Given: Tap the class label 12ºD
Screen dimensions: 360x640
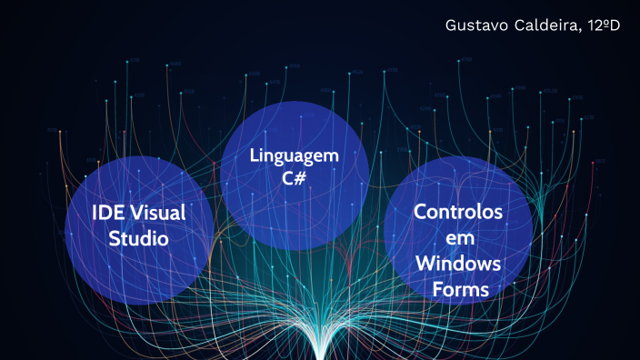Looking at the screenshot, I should click(x=601, y=25).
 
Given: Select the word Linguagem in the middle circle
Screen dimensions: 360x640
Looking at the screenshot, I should click(x=295, y=155).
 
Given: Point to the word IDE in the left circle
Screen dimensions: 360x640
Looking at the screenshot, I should click(x=107, y=213).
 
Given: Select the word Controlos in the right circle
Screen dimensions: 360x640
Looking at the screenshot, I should click(x=458, y=213).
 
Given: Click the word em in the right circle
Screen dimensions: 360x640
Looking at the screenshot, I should click(x=457, y=238).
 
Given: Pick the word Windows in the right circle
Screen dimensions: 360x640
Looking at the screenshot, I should click(x=458, y=264).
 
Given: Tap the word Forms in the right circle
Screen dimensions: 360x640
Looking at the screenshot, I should click(x=458, y=289).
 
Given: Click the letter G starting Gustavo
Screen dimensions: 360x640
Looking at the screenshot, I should click(x=451, y=25).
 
